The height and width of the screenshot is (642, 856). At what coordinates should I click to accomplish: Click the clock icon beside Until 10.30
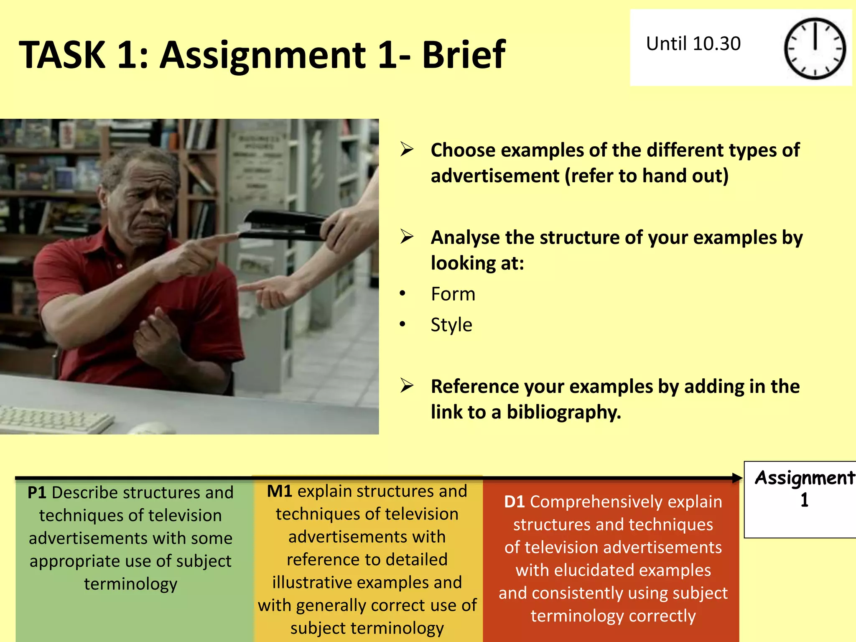click(x=815, y=48)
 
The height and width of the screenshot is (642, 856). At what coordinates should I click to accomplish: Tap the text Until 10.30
click(x=693, y=43)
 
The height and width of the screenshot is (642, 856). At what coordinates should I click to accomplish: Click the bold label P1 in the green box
click(x=37, y=493)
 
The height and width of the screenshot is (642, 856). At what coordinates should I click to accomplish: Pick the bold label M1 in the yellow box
click(x=279, y=491)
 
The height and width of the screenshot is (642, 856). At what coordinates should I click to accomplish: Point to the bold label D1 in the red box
click(x=514, y=502)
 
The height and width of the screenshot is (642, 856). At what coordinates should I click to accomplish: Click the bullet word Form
click(x=453, y=294)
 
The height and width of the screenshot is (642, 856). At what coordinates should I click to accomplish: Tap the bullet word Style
click(x=451, y=325)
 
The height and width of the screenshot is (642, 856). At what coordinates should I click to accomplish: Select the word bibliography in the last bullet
click(x=563, y=412)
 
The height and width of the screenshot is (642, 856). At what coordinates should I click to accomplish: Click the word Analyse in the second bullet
click(x=465, y=237)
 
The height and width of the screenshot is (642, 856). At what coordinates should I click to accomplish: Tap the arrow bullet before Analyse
click(x=407, y=237)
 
